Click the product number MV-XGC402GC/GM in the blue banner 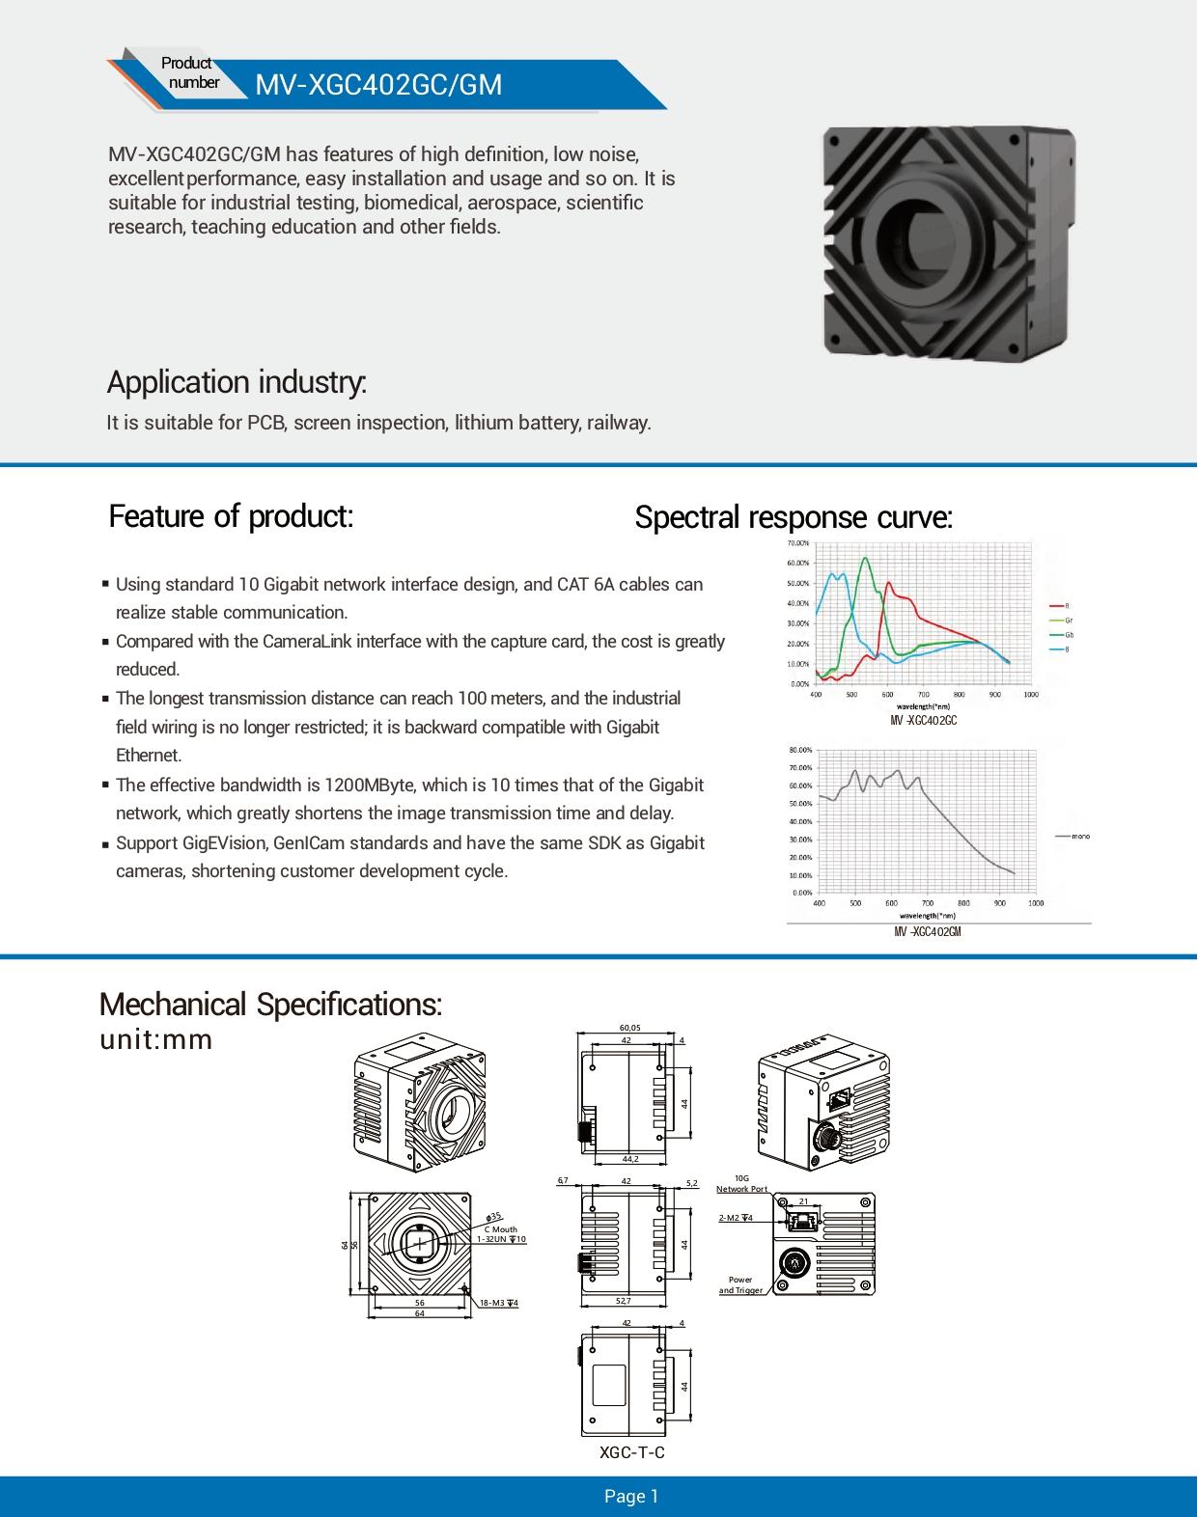click(x=378, y=85)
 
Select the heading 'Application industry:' click(x=237, y=382)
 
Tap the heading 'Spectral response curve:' click(x=794, y=517)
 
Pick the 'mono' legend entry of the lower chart click(x=1079, y=836)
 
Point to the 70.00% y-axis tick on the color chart click(x=797, y=544)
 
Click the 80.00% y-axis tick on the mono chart click(x=800, y=750)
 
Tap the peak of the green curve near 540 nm click(x=865, y=558)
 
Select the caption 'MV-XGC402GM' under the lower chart click(x=927, y=932)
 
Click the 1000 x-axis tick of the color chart click(x=1030, y=694)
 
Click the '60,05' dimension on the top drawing click(x=629, y=1028)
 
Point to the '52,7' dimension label click(x=624, y=1301)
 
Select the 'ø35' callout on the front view click(x=495, y=1217)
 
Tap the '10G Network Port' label click(x=741, y=1184)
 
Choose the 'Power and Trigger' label click(x=740, y=1284)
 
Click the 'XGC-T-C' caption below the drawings click(x=631, y=1452)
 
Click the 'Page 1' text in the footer click(x=631, y=1496)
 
